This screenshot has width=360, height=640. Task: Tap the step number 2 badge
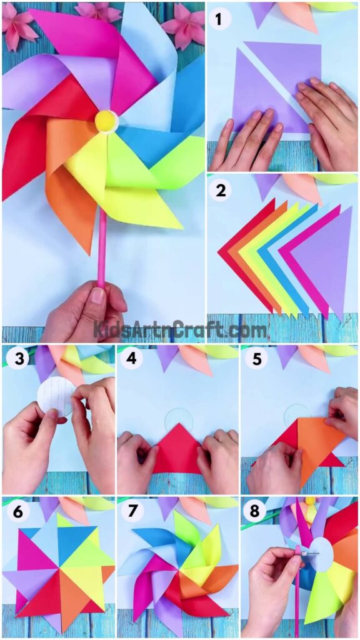220,190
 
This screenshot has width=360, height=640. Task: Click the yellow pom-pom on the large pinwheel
105,121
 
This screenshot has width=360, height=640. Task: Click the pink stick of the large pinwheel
101,250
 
